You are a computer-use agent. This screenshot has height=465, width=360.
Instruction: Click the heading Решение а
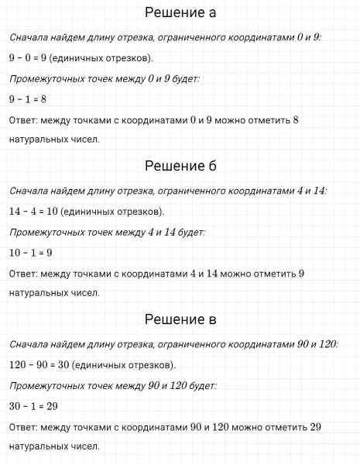(x=180, y=13)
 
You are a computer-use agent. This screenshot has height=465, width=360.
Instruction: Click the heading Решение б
(x=180, y=167)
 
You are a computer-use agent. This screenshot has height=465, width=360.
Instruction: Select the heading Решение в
(x=180, y=320)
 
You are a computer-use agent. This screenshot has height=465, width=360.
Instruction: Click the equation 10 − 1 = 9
(x=31, y=252)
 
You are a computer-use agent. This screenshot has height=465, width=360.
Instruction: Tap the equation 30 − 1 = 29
(x=34, y=405)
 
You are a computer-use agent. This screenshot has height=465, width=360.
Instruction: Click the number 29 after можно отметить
(x=314, y=426)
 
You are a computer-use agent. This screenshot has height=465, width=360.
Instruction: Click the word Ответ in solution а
(x=23, y=119)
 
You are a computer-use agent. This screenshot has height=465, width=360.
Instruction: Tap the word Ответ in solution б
(x=23, y=273)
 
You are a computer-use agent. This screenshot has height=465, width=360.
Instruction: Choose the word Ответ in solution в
(x=23, y=426)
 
